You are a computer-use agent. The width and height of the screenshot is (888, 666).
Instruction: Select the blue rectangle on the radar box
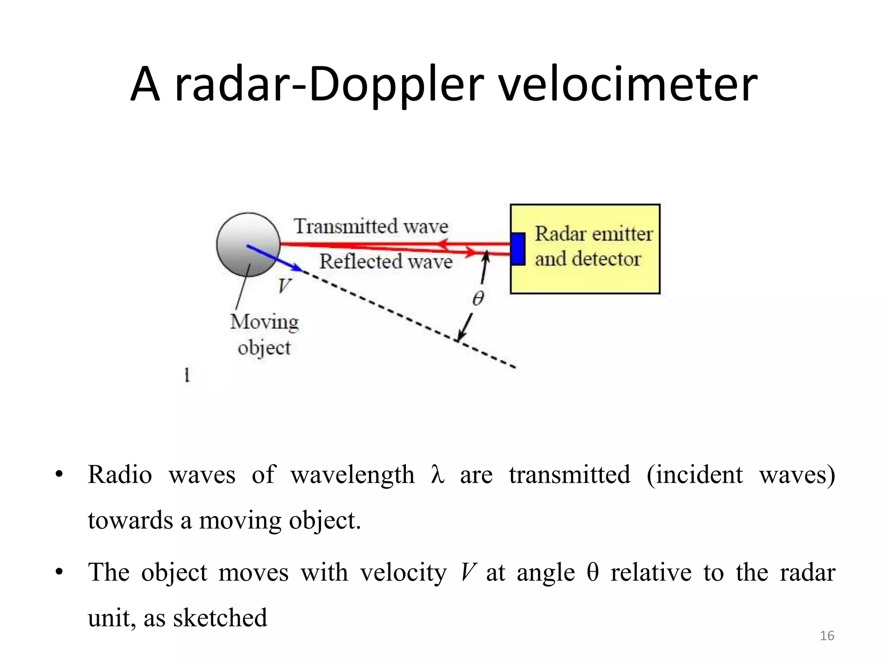[x=518, y=248]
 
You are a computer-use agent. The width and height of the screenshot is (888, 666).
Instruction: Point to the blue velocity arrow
[x=273, y=258]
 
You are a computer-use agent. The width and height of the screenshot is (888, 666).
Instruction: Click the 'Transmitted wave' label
[x=371, y=226]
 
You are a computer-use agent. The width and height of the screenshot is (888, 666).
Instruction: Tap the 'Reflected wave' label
[x=385, y=261]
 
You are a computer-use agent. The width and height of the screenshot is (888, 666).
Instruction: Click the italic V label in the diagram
[x=284, y=286]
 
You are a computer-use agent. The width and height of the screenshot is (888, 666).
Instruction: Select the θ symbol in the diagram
[x=478, y=299]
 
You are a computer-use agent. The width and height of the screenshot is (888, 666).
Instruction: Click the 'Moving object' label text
[x=264, y=334]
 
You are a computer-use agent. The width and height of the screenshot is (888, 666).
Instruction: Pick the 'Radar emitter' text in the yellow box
[x=593, y=234]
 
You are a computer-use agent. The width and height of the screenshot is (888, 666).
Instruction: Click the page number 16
[x=827, y=636]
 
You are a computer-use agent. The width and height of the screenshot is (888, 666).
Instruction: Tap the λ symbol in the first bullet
[x=437, y=475]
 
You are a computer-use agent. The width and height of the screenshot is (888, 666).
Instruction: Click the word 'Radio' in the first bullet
[x=120, y=474]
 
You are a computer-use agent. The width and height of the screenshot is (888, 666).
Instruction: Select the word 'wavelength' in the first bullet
[x=353, y=475]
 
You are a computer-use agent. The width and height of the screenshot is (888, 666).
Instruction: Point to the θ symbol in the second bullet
[x=592, y=572]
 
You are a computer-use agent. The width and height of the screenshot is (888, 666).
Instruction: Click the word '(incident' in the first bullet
[x=694, y=475]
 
